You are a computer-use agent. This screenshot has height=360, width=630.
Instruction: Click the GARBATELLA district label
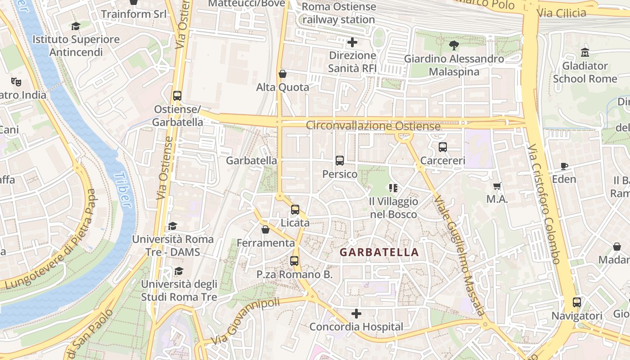coord(379,252)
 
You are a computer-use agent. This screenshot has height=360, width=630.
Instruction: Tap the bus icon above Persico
coord(340,161)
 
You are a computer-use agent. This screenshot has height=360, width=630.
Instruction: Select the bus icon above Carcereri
coord(443,147)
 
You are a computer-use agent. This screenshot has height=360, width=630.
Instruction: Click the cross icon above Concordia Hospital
coord(356,313)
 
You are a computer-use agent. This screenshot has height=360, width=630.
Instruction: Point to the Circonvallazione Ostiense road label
coord(373,126)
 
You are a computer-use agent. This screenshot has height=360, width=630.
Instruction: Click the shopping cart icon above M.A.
coord(497,186)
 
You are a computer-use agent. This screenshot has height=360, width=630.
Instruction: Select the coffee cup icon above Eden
coord(564,166)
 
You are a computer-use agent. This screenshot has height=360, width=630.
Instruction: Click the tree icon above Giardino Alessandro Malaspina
coord(454,45)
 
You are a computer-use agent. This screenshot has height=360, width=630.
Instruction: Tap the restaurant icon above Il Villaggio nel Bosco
coord(393,188)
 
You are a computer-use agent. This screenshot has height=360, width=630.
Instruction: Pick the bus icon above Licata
coord(295,210)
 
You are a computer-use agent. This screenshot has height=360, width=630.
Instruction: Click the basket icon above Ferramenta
coord(265,230)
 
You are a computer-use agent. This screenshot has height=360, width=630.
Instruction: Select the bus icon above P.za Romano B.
coord(294,261)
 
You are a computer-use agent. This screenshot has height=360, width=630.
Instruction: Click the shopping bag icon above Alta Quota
coord(283,74)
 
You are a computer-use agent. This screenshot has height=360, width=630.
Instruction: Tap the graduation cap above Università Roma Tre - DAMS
coord(172,226)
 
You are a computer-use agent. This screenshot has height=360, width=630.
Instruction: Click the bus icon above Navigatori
coord(577,302)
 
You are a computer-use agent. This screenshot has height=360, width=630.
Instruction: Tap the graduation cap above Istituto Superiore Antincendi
coord(76,27)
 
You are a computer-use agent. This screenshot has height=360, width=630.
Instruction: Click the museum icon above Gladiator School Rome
coord(585,52)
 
